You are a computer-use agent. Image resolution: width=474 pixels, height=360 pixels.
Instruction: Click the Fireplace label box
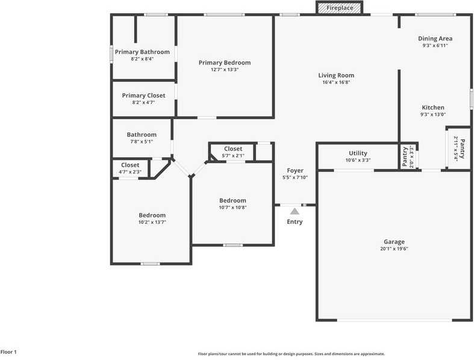tap(340, 8)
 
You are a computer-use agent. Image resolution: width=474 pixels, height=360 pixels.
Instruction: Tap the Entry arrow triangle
tap(295, 211)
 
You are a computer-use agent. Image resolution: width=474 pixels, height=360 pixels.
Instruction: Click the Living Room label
tap(336, 75)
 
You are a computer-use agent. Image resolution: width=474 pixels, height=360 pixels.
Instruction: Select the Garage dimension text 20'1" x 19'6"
tap(394, 249)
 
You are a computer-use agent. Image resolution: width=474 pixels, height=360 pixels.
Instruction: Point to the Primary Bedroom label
tap(225, 63)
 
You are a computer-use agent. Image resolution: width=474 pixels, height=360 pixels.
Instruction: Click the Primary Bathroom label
tap(142, 52)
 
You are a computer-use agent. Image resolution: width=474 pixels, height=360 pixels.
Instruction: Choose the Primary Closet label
tap(143, 95)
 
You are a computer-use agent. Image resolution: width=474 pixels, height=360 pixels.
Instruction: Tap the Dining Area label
tap(435, 39)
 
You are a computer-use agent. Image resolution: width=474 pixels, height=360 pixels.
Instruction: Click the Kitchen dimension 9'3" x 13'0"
tap(433, 115)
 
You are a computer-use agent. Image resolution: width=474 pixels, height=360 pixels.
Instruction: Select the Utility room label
tap(358, 153)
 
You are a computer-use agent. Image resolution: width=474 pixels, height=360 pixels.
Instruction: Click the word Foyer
tap(295, 170)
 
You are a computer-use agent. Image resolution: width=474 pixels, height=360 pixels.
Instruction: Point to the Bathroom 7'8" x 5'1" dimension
tap(142, 142)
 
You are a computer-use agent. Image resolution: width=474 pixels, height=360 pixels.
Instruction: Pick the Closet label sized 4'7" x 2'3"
tap(130, 165)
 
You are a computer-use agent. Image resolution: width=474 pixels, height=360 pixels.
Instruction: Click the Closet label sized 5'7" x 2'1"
tap(233, 149)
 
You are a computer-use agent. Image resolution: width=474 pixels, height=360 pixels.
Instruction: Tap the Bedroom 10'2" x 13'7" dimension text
tap(152, 222)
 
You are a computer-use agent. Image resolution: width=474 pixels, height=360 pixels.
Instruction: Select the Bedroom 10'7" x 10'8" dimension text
tap(232, 208)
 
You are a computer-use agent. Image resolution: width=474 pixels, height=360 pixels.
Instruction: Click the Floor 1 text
tap(8, 352)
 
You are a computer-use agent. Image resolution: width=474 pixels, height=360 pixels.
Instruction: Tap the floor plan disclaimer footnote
tap(292, 354)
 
